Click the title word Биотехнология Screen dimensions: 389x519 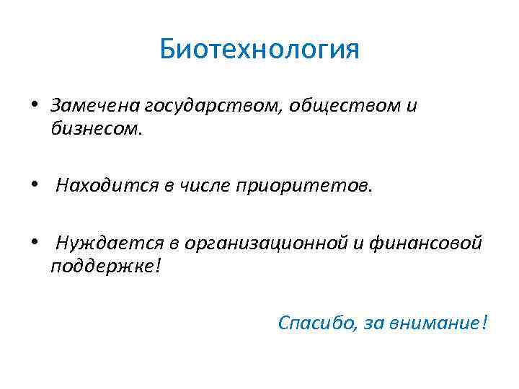click(x=259, y=50)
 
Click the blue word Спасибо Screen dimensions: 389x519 click(x=315, y=323)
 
